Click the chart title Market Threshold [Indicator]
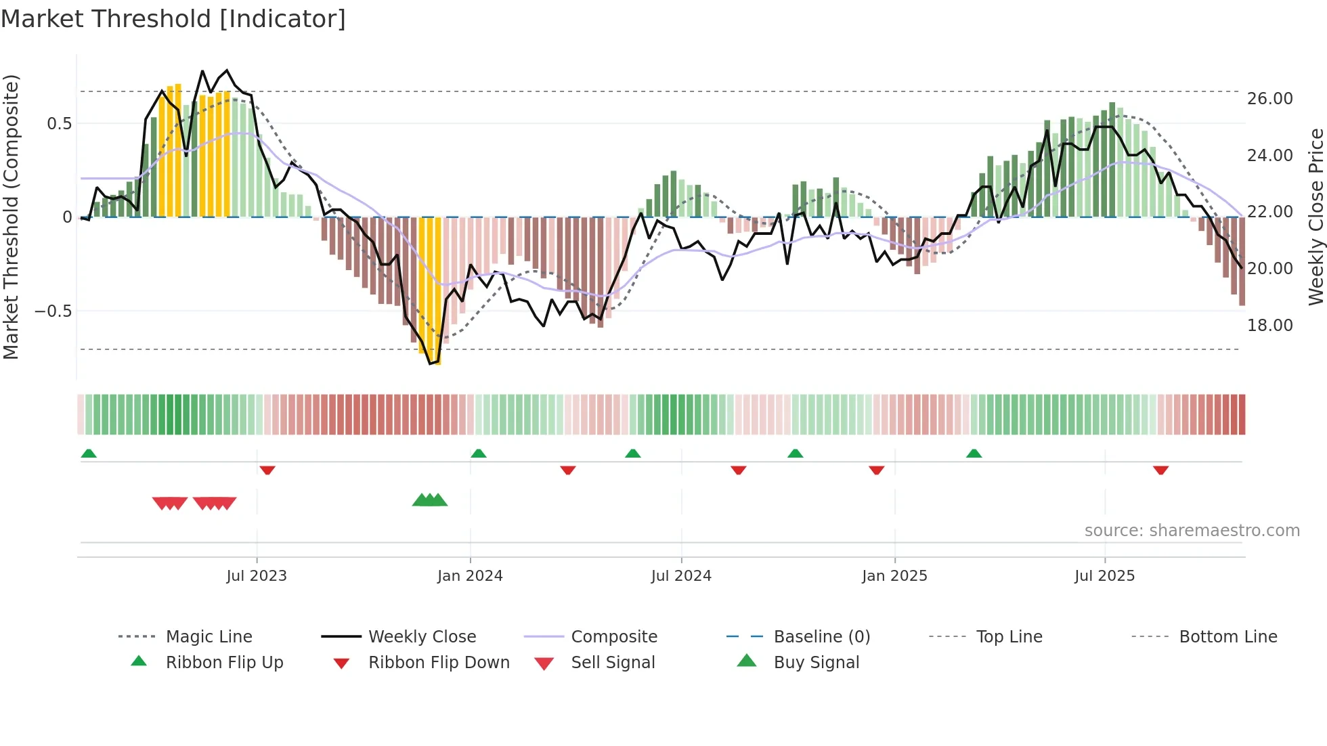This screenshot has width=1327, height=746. click(x=173, y=19)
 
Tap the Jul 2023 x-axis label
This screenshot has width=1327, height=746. click(x=257, y=576)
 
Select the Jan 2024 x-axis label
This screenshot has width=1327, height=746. click(x=470, y=576)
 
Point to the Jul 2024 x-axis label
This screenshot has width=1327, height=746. click(x=681, y=576)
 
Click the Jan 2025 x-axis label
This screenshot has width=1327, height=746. click(x=894, y=576)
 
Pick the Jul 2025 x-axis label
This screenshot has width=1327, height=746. click(x=1104, y=576)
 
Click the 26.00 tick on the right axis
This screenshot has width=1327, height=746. click(x=1270, y=99)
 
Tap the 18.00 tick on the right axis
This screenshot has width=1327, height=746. click(x=1270, y=326)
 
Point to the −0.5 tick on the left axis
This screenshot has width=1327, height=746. click(x=53, y=311)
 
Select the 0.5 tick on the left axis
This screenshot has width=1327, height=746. click(x=59, y=124)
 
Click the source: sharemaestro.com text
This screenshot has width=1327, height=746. click(x=1192, y=531)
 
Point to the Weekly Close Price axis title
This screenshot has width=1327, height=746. click(x=1315, y=217)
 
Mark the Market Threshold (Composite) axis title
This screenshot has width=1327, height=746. click(x=11, y=217)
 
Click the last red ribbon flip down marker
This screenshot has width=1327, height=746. click(x=1160, y=470)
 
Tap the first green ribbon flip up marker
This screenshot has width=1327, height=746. click(x=89, y=454)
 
